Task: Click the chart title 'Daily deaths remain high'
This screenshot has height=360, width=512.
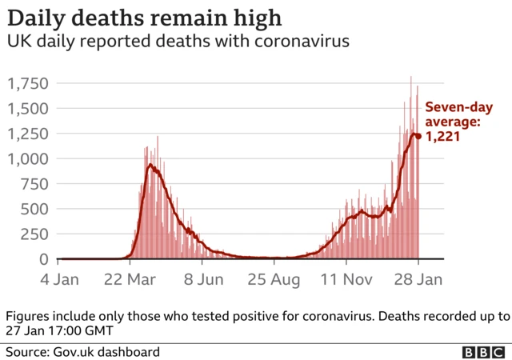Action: [144, 18]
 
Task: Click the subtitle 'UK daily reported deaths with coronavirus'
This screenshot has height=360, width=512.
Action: [178, 42]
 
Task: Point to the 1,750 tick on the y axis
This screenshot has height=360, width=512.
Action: [29, 84]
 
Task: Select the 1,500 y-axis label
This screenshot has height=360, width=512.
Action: [29, 109]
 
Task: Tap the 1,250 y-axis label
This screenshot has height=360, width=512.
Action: [29, 134]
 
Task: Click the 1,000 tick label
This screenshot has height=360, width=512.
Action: [29, 159]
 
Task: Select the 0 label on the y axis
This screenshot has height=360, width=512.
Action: [45, 259]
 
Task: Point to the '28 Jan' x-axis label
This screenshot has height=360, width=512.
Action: [418, 280]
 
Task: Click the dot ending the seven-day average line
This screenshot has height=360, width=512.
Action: [418, 136]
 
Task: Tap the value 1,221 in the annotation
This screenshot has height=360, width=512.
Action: [443, 137]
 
